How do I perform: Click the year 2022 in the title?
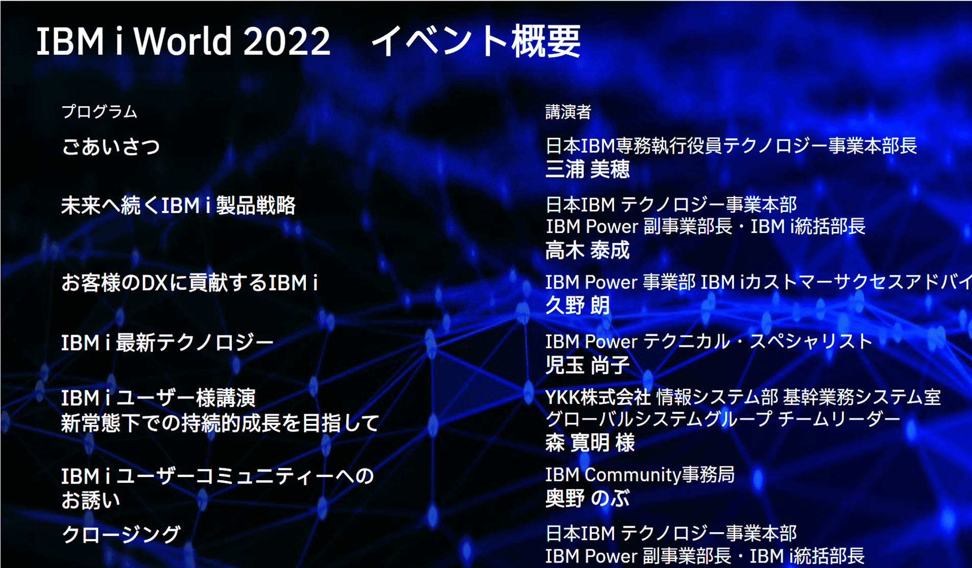tap(287, 41)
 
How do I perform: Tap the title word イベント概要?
tap(476, 41)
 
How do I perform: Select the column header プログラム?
tap(99, 111)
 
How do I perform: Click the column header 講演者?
tap(568, 111)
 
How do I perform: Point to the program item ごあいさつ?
tap(111, 147)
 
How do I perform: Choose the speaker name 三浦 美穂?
tap(588, 169)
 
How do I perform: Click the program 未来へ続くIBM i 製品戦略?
tap(178, 205)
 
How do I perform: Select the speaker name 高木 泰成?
tap(588, 250)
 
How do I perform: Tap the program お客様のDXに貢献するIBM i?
tap(189, 282)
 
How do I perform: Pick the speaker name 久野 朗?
tap(577, 305)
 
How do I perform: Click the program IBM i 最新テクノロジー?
tap(167, 342)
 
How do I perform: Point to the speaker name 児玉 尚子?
tap(588, 365)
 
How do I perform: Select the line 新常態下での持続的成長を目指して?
tap(221, 423)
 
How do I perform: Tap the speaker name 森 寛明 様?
tap(590, 442)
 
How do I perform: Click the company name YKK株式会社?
tap(598, 397)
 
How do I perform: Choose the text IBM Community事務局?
tap(640, 475)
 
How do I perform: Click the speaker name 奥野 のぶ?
tap(588, 498)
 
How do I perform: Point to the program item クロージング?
tap(121, 534)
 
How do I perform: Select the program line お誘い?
tap(91, 501)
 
